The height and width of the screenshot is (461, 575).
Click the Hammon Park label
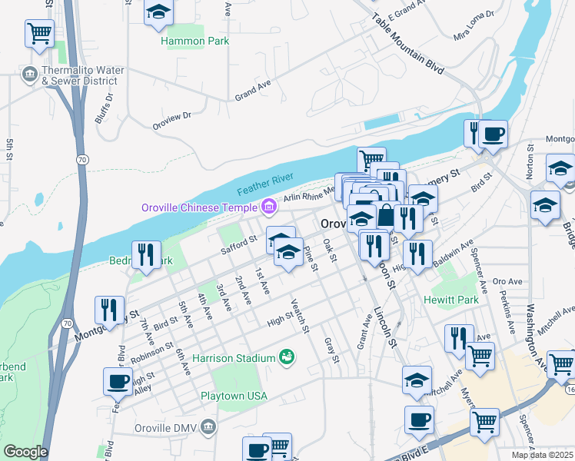[x=194, y=41]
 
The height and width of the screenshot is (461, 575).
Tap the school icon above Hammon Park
[x=158, y=12]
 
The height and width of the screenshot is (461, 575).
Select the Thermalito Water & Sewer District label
[x=83, y=75]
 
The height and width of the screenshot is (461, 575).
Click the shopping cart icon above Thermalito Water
[x=39, y=33]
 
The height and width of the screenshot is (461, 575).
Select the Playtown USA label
[x=234, y=396]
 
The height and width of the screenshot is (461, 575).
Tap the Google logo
[x=25, y=452]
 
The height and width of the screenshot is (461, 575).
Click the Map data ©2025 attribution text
[x=543, y=455]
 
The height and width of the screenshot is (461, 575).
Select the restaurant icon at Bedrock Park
[x=146, y=254]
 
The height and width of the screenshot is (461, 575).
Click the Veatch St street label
[x=301, y=317]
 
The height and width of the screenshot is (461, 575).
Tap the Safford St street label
[x=238, y=244]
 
